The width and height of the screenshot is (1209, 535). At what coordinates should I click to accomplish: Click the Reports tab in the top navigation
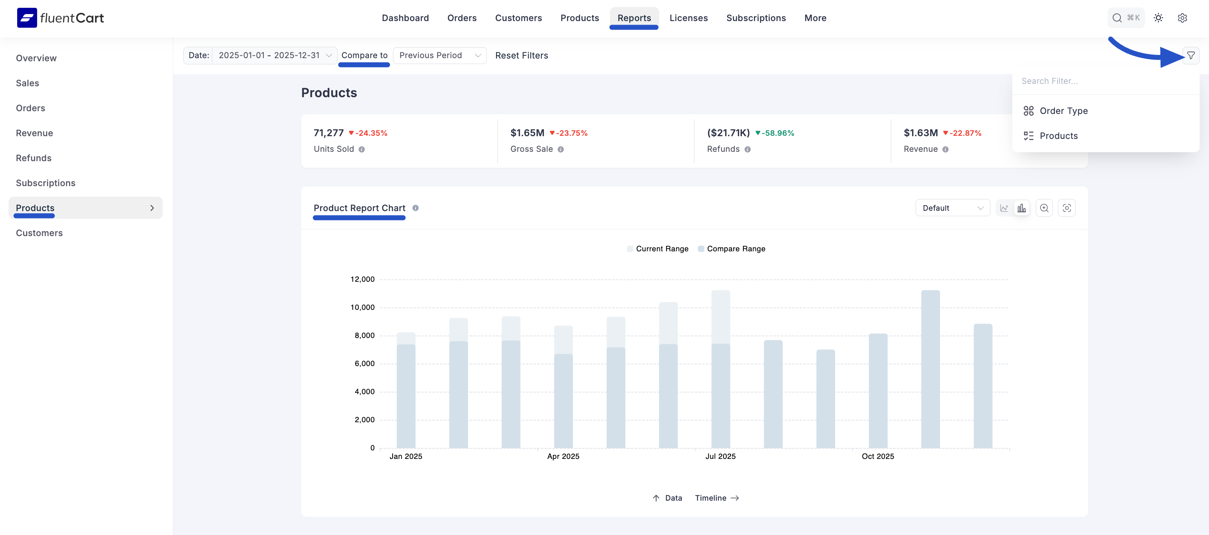(x=634, y=18)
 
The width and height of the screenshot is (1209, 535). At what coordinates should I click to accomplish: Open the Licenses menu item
(x=688, y=18)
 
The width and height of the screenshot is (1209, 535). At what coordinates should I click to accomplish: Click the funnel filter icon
(x=1191, y=55)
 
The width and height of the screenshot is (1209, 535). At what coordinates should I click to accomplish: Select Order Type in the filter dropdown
(x=1063, y=111)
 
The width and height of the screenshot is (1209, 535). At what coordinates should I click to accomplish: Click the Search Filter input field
(x=1103, y=81)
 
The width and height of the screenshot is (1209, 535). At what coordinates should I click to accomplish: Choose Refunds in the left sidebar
(x=34, y=158)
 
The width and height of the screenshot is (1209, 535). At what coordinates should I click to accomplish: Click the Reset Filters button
(x=521, y=55)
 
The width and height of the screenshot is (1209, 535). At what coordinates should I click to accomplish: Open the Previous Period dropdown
(x=439, y=55)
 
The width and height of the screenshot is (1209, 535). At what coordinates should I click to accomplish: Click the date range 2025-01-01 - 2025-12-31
(x=269, y=55)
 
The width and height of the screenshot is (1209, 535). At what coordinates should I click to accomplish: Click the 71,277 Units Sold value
(x=329, y=133)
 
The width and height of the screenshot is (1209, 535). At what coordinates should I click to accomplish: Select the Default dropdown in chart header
(x=952, y=208)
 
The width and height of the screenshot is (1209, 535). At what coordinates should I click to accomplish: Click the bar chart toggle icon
(x=1021, y=208)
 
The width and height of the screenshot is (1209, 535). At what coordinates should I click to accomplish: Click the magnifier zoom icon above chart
(x=1044, y=208)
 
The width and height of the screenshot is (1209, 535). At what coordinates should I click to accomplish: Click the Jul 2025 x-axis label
(x=720, y=456)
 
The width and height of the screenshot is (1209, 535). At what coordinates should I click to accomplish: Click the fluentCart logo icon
(x=27, y=18)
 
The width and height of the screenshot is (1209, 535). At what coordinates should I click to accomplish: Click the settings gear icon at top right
(x=1182, y=18)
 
